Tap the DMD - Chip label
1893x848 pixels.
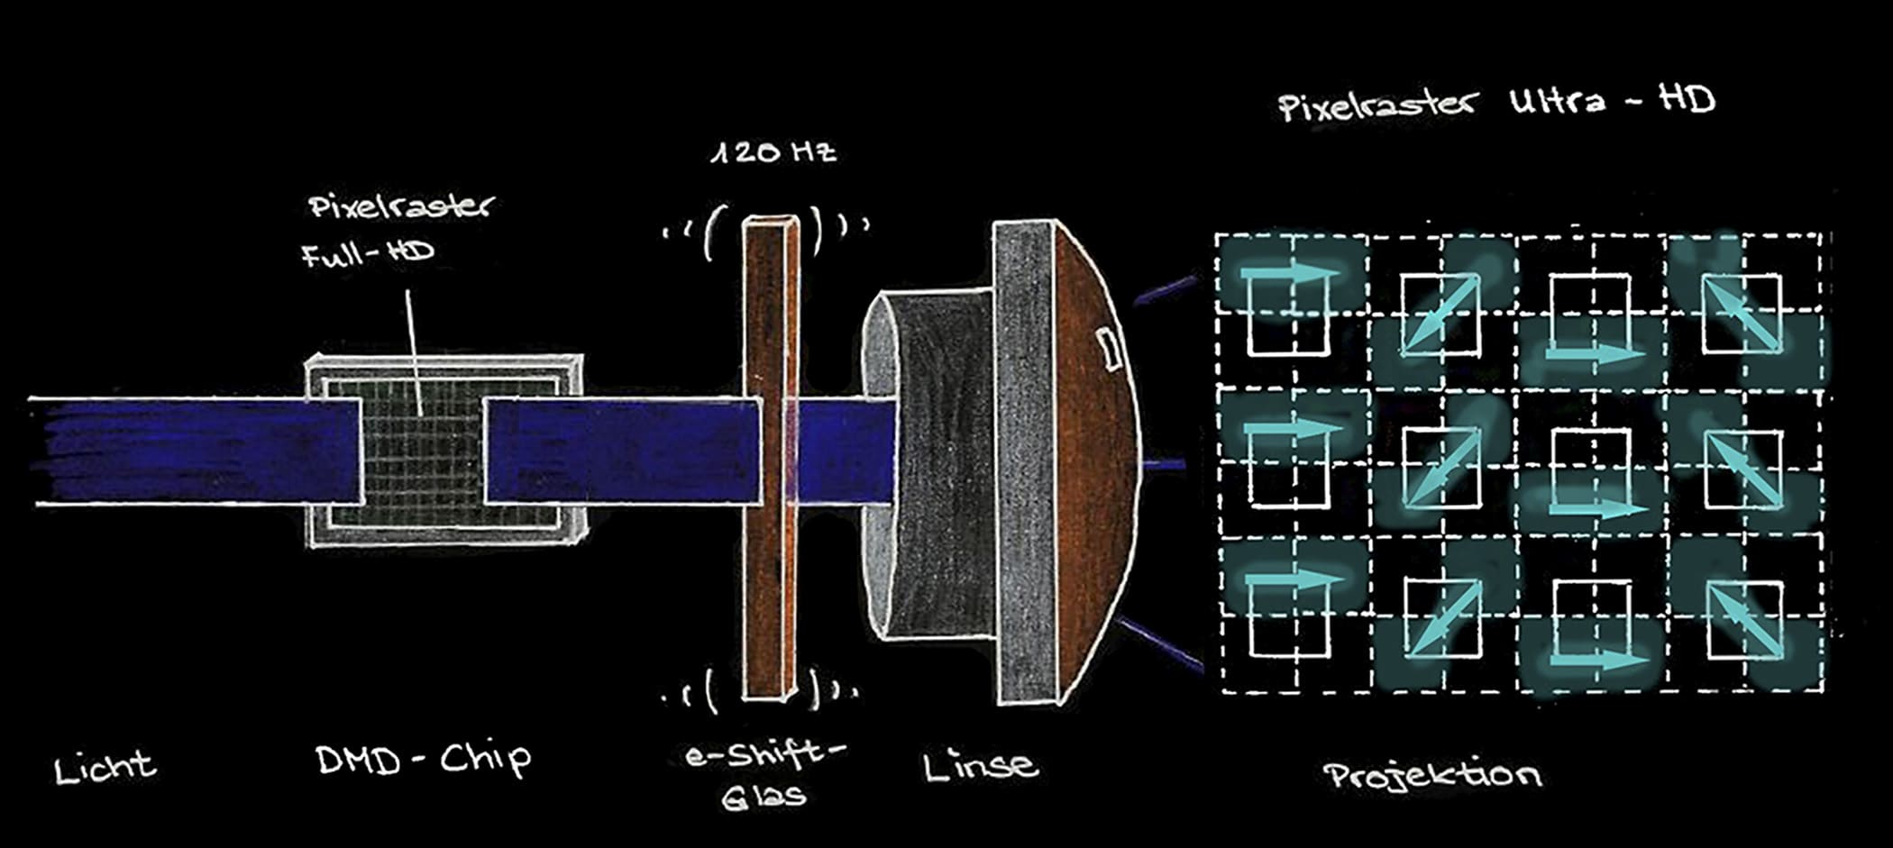(424, 759)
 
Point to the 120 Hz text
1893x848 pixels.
(773, 151)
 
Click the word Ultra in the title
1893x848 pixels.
(1557, 100)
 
